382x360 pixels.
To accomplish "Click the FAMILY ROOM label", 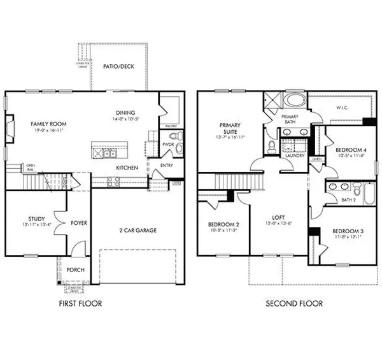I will point(49,124).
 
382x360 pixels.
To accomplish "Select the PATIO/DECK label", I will point(118,66).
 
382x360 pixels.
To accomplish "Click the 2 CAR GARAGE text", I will point(138,231).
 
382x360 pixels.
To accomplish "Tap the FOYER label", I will point(80,224).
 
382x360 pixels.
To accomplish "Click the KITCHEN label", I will point(127,168).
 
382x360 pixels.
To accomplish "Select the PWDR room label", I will point(168,145).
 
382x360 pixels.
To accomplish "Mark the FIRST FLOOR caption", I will point(80,304).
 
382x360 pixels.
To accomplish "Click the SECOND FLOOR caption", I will point(294,304).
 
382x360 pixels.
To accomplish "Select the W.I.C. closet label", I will point(344,108).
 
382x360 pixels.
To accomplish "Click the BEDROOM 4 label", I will point(350,150).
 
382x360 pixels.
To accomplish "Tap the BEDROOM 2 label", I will point(223,225).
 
